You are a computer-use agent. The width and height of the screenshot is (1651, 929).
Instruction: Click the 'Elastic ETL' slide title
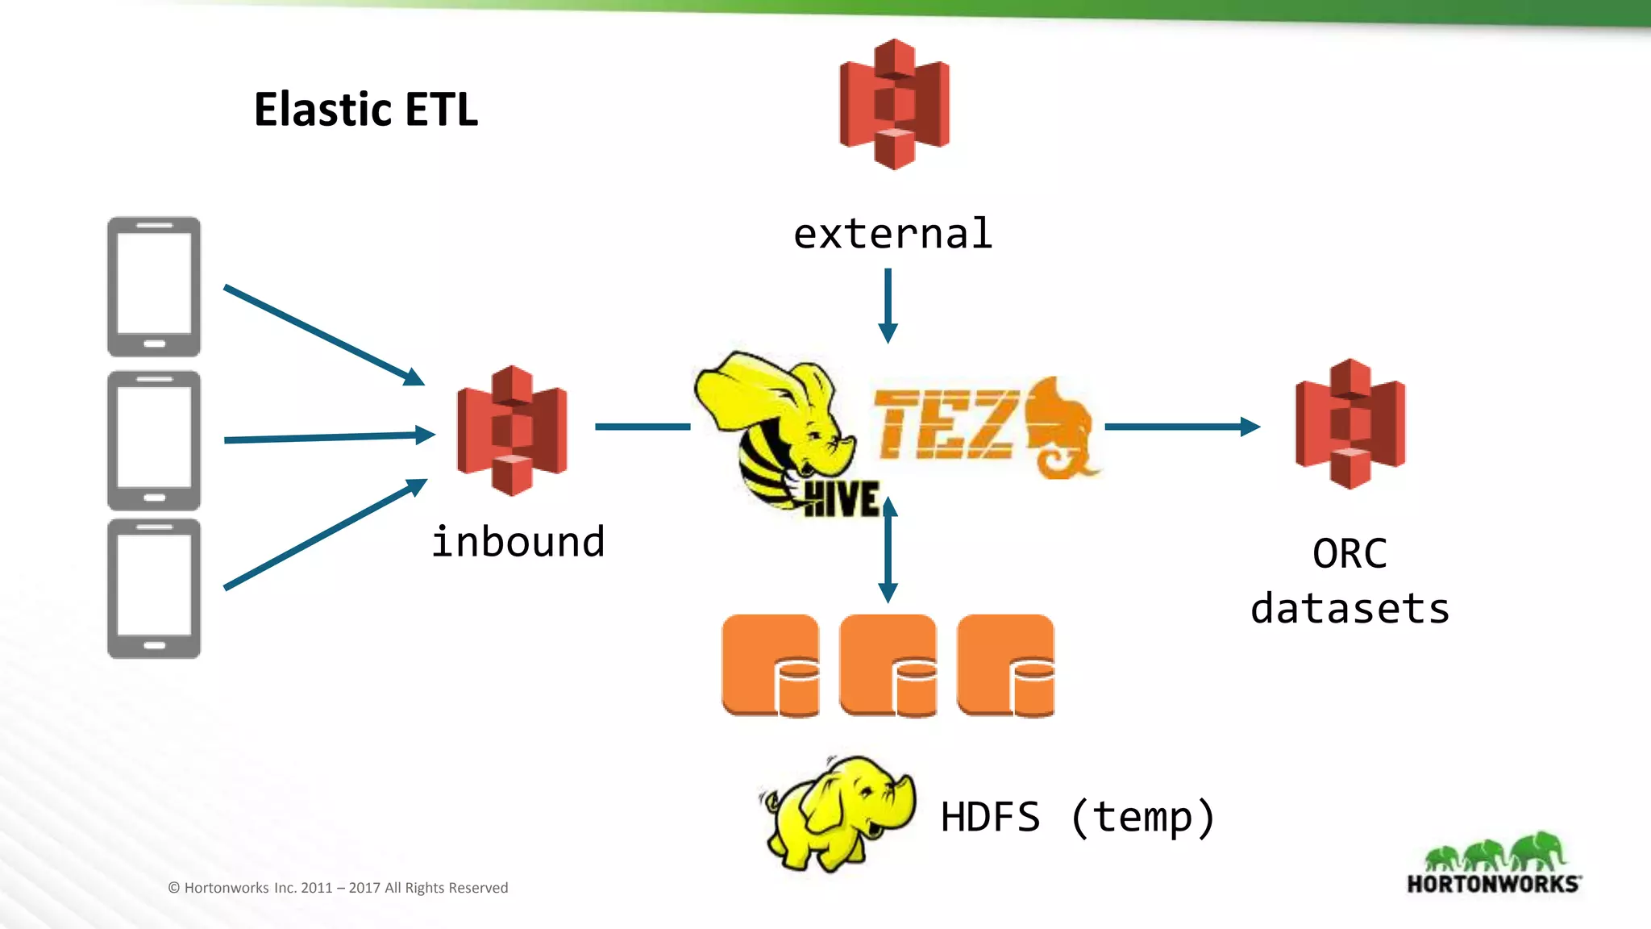tap(366, 110)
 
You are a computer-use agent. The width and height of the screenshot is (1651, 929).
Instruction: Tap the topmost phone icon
tap(154, 286)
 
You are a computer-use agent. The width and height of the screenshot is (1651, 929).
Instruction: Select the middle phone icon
tap(154, 440)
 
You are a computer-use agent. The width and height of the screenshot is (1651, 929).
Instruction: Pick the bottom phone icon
tap(154, 589)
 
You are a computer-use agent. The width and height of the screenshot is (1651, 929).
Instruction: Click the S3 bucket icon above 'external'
tap(894, 104)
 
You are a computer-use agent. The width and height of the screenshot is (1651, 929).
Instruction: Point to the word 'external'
tap(892, 235)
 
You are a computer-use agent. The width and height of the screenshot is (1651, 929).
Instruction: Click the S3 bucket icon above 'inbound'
tap(512, 430)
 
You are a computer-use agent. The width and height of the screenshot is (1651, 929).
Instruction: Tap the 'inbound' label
tap(518, 542)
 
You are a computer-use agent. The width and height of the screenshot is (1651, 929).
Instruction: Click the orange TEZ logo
tap(984, 427)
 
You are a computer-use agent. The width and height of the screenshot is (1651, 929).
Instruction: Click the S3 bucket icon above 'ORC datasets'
tap(1350, 424)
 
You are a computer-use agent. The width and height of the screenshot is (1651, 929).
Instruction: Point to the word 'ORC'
tap(1349, 554)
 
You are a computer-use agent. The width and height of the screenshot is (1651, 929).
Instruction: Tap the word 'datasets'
tap(1349, 609)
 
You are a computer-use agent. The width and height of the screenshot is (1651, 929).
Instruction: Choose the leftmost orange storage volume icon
tap(771, 665)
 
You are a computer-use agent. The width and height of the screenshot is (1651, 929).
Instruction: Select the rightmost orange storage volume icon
tap(1006, 665)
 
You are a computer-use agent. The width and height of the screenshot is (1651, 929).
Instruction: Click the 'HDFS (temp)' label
tap(1077, 817)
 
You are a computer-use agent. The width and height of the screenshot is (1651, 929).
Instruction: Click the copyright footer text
tap(338, 888)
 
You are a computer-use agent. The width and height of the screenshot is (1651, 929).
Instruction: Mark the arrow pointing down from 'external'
tap(888, 306)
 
